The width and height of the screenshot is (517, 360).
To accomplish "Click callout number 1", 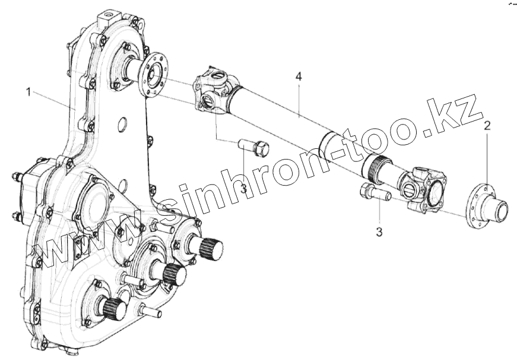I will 28,93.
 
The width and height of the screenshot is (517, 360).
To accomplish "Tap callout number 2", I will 487,126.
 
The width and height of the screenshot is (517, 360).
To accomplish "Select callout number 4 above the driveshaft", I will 299,77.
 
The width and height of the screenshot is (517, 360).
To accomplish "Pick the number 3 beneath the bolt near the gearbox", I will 243,189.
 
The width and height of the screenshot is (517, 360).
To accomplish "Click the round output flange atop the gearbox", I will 152,74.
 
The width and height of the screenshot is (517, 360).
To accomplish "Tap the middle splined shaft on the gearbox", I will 173,273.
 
